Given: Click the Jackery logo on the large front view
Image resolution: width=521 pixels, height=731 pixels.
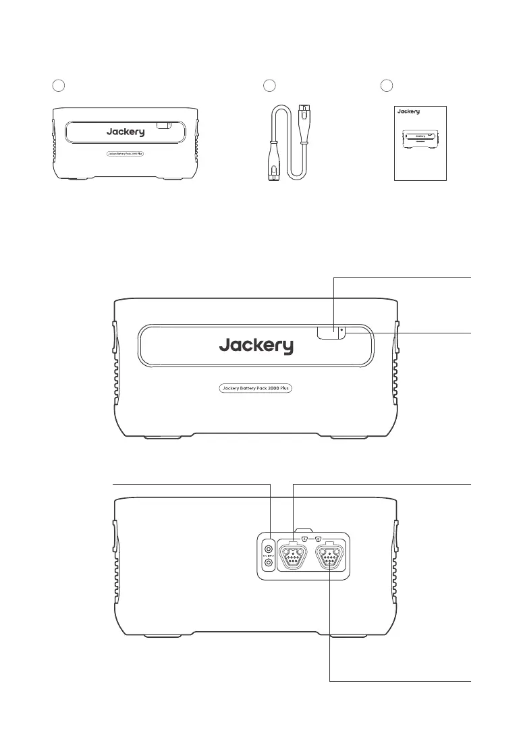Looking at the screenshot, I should [x=256, y=346].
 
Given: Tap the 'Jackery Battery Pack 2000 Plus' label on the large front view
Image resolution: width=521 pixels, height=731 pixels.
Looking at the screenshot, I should [x=256, y=388].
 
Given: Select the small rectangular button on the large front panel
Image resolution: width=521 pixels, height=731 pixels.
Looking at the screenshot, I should [x=327, y=332].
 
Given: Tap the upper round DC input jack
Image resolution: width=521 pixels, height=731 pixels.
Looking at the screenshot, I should [x=269, y=549].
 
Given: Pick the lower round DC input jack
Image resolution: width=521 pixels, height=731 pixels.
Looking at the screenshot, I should [x=269, y=562].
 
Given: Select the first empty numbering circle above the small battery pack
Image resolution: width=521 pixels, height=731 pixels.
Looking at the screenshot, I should [x=59, y=85].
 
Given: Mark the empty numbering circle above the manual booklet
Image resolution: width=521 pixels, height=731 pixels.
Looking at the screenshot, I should [x=386, y=85].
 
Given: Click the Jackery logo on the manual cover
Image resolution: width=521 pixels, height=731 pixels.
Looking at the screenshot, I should [x=408, y=111].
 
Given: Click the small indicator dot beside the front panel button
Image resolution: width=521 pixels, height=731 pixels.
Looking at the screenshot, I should [x=342, y=331].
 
